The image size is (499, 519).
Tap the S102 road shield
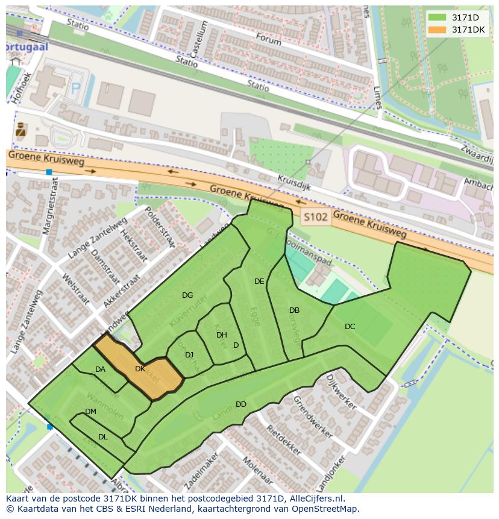click(x=316, y=217)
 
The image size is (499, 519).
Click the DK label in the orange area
click(x=140, y=369)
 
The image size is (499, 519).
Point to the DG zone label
click(x=187, y=295)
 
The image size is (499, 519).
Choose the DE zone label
click(x=259, y=282)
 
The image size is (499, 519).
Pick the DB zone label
click(x=294, y=310)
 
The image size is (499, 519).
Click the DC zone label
click(x=350, y=327)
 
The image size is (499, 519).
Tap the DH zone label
click(x=221, y=335)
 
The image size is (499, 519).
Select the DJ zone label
click(x=189, y=355)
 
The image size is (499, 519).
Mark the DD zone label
click(x=240, y=404)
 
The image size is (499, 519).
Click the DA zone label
click(x=100, y=370)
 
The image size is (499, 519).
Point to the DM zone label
click(x=90, y=412)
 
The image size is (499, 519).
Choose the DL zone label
click(x=102, y=437)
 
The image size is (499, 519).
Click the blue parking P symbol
click(x=76, y=89)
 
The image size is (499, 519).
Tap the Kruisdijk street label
click(x=294, y=183)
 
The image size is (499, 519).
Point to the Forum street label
click(x=268, y=39)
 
